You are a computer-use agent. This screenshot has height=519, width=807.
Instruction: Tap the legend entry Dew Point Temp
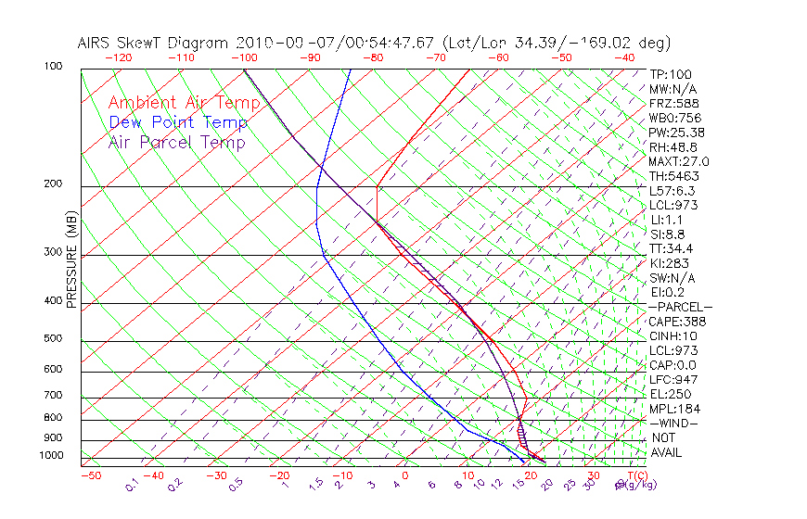click(x=177, y=122)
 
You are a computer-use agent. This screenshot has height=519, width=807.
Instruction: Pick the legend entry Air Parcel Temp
click(x=176, y=142)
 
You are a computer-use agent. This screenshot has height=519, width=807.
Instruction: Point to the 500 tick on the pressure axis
click(x=54, y=339)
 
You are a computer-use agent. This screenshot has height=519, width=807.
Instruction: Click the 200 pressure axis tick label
click(x=54, y=184)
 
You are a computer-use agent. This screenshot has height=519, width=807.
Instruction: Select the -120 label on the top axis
click(x=118, y=57)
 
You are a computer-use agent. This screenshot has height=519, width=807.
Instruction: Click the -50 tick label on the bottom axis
click(x=90, y=475)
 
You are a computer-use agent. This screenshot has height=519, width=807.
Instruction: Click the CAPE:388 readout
click(x=677, y=322)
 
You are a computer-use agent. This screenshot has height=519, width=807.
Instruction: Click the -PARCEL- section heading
click(x=680, y=307)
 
